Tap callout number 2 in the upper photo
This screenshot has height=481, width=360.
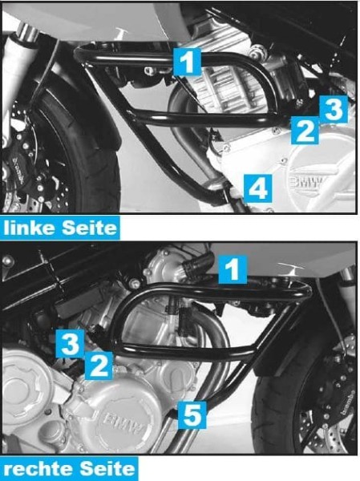point(303,128)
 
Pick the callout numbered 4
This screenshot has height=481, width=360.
point(257,188)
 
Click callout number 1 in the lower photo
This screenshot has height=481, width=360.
point(232,269)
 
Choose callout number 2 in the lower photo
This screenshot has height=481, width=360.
point(99,366)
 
